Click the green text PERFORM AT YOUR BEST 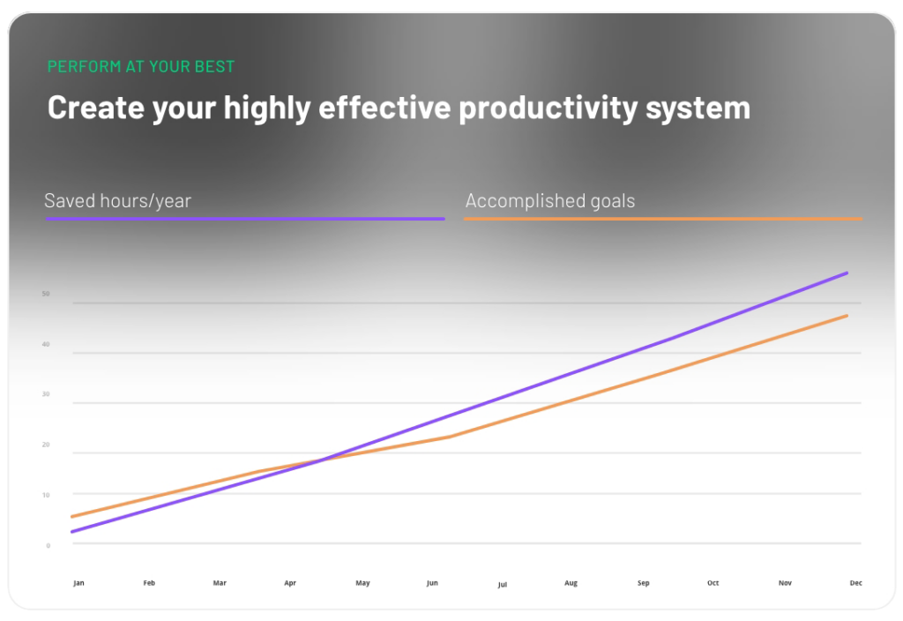(141, 67)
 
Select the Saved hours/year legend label (117, 201)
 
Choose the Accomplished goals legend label (550, 201)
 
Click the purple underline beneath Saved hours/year (245, 218)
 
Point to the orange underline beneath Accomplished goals (662, 218)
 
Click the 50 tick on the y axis (46, 294)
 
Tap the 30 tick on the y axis (46, 394)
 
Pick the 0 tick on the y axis (48, 545)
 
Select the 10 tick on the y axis (46, 495)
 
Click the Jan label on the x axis (79, 583)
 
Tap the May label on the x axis (362, 583)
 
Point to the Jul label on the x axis (503, 585)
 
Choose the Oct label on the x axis (713, 583)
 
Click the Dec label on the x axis (855, 583)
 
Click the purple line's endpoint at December (847, 273)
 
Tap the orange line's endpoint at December (847, 316)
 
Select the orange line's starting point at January (72, 516)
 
